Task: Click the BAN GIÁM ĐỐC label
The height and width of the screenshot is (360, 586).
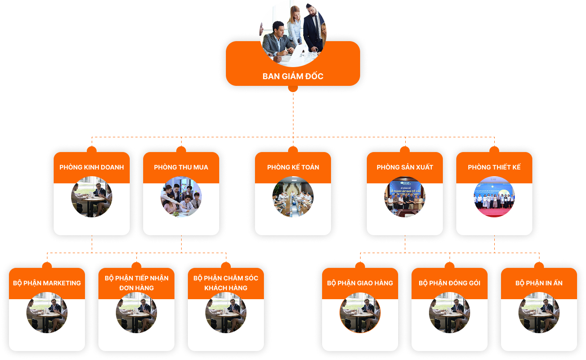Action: [x=293, y=76]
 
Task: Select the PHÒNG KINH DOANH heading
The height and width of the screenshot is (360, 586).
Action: [x=92, y=167]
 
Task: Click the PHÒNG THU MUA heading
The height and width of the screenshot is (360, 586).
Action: [x=181, y=167]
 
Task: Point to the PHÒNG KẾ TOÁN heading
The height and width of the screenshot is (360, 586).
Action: [x=293, y=167]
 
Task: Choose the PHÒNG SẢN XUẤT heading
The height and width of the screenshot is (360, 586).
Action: [x=405, y=167]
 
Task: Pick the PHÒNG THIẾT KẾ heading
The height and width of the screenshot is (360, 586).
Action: [x=494, y=167]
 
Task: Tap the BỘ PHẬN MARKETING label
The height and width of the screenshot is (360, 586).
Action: [x=47, y=283]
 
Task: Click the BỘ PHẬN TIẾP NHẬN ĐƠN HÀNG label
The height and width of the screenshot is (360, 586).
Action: [x=136, y=283]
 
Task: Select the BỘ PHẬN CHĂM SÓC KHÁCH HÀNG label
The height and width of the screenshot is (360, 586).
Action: [x=226, y=283]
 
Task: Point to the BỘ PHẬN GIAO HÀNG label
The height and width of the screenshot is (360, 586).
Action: [x=360, y=283]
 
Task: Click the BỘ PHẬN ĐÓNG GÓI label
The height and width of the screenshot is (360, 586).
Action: [x=450, y=283]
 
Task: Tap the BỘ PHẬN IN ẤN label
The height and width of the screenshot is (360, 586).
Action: [x=539, y=283]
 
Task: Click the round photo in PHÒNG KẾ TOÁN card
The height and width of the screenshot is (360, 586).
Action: [x=293, y=197]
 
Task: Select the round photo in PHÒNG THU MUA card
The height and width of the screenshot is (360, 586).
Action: [x=181, y=197]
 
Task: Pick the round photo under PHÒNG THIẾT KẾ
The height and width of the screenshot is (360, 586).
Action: [x=494, y=197]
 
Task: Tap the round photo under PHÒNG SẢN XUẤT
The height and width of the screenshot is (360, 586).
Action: [x=405, y=197]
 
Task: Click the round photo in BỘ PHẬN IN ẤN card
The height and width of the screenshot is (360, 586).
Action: [x=539, y=313]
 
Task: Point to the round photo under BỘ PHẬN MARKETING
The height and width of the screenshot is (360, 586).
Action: [x=47, y=313]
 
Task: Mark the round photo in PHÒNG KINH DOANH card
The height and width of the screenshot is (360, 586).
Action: [x=92, y=197]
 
